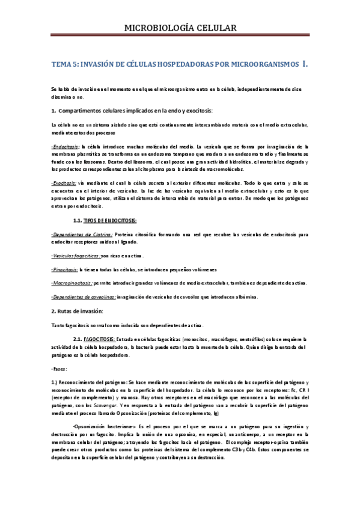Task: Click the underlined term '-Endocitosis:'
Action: tap(69, 146)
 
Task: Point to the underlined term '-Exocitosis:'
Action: tap(67, 181)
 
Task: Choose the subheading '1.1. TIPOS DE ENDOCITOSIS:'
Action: tap(105, 221)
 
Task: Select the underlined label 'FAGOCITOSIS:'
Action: tap(99, 339)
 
